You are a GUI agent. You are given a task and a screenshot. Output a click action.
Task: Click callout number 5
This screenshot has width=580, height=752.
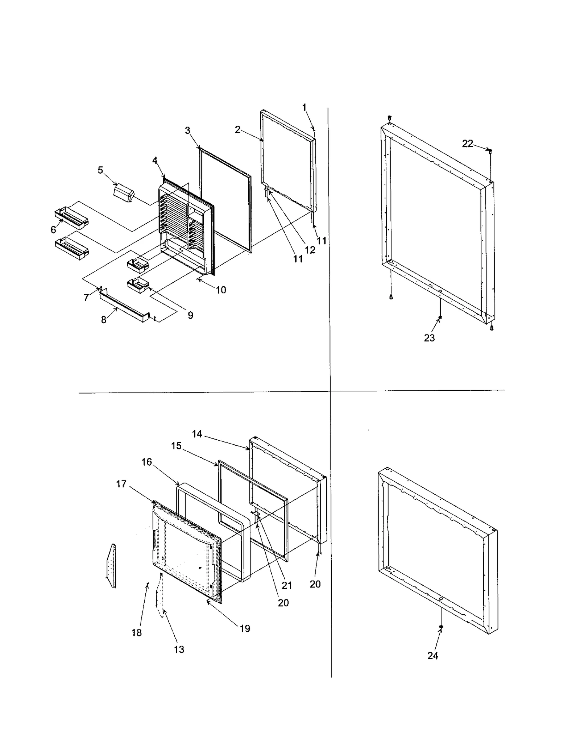(x=100, y=170)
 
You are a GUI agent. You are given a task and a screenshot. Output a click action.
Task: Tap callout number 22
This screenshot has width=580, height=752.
(x=467, y=144)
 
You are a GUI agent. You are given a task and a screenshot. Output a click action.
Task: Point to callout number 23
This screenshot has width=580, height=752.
(x=429, y=338)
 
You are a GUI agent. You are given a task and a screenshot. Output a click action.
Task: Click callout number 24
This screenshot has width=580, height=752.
(x=432, y=656)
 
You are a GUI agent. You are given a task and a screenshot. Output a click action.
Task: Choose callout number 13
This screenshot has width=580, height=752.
(x=179, y=649)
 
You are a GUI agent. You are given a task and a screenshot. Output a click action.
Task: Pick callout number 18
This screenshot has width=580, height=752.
(x=137, y=632)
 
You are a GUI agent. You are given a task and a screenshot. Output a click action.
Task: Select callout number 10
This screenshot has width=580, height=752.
(x=221, y=290)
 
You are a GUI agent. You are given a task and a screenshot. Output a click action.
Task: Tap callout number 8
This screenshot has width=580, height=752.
(x=104, y=320)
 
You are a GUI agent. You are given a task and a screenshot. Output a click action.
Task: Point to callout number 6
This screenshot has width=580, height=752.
(x=53, y=229)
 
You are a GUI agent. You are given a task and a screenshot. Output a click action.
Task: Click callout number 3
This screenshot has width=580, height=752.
(x=187, y=130)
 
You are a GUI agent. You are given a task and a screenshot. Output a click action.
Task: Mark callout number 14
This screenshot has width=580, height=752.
(x=197, y=434)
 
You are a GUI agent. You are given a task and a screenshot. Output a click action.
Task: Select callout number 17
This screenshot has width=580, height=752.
(x=121, y=484)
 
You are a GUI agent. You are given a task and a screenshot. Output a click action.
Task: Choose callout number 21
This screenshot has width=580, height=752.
(x=287, y=585)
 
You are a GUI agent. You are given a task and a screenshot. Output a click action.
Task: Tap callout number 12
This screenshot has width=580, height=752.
(x=310, y=250)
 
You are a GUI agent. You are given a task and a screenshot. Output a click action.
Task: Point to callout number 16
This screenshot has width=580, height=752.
(x=146, y=462)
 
